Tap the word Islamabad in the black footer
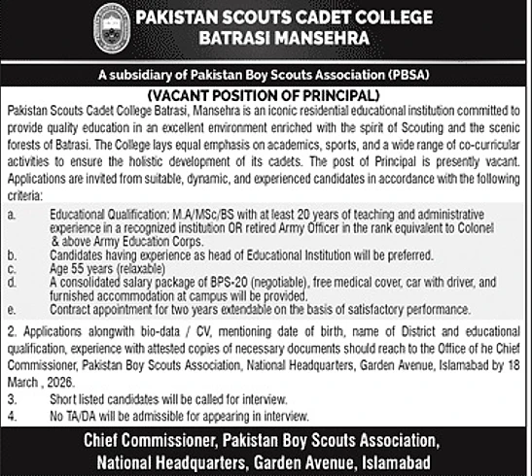click(384, 455)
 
